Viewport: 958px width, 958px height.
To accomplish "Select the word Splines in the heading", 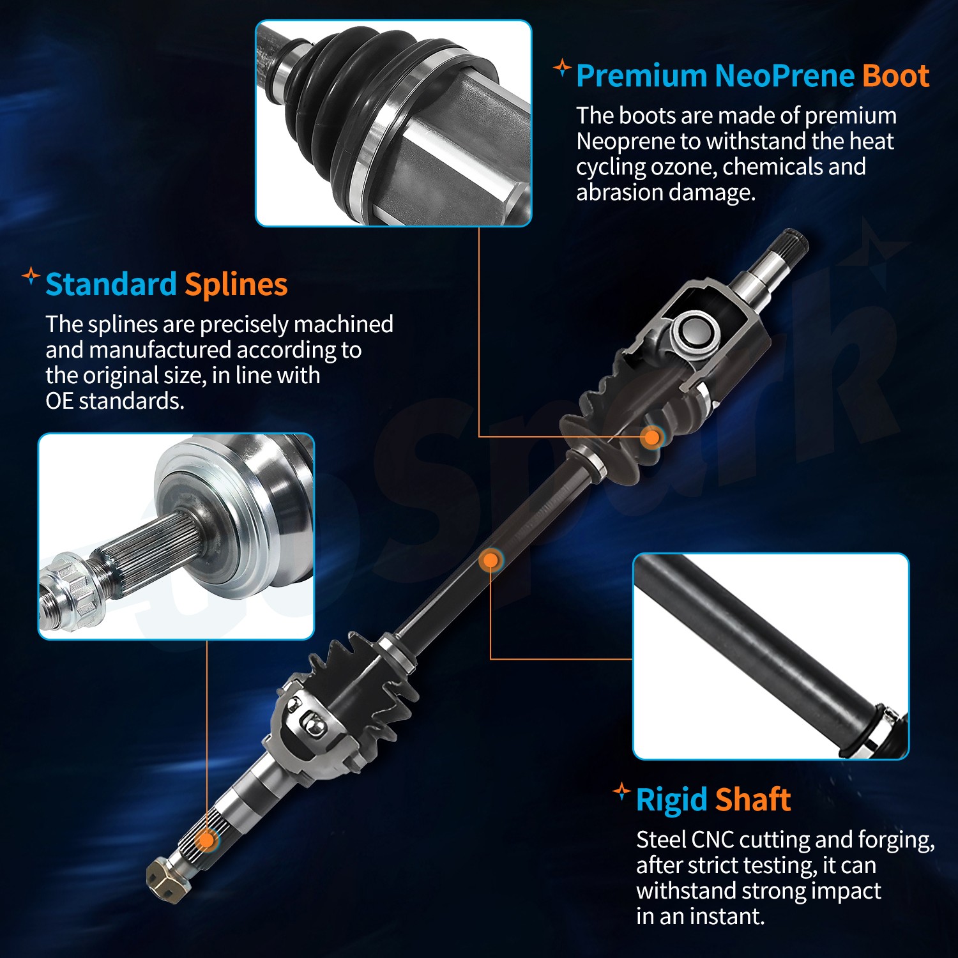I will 236,284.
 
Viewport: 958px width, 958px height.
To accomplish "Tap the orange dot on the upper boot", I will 651,437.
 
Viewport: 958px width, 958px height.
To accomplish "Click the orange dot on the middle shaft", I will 490,561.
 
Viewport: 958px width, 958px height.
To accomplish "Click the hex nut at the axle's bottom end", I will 165,881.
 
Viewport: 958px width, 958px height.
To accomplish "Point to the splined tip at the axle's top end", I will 793,245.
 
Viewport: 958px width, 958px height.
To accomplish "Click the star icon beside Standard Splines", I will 30,277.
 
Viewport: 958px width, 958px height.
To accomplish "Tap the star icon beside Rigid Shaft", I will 621,792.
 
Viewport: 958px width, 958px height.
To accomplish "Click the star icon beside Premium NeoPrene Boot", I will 561,67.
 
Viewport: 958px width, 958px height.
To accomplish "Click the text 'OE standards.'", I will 115,401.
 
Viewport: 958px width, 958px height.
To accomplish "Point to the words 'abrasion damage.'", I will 665,192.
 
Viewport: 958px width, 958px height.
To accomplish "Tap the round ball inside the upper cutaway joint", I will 695,331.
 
